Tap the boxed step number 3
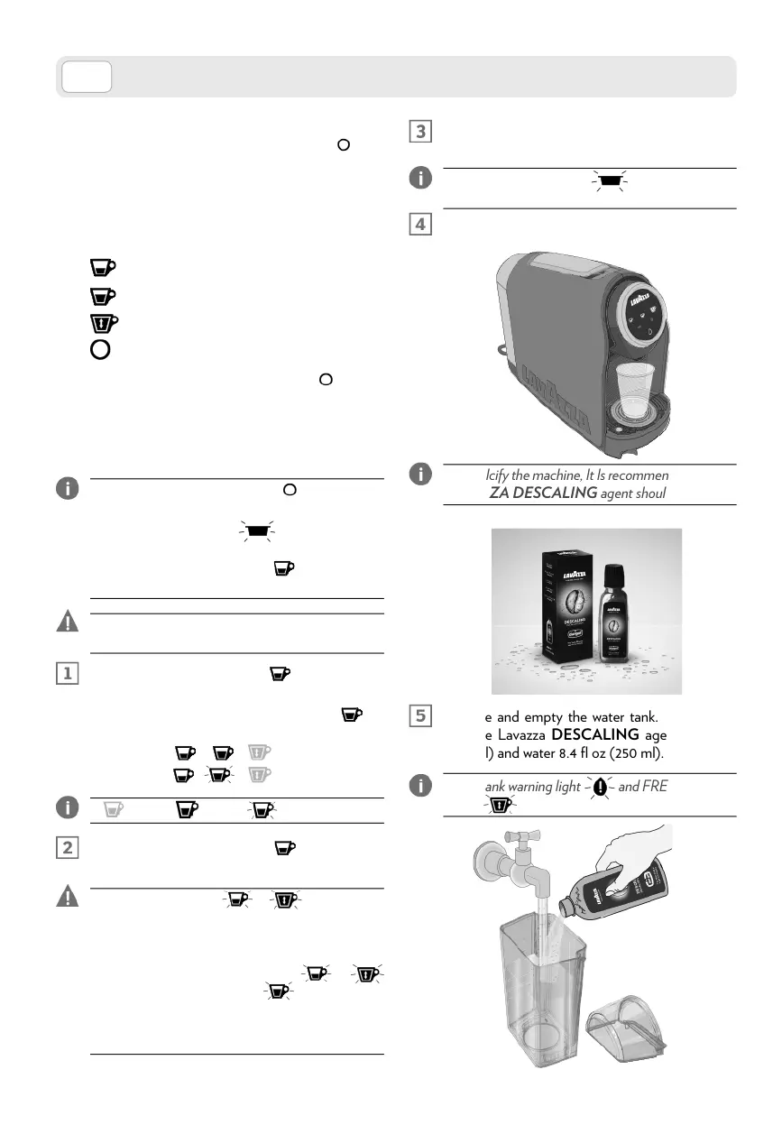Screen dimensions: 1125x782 420,131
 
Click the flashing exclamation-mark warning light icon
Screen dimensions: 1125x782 600,786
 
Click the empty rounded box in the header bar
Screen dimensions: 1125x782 87,78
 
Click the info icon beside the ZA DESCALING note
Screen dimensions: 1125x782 419,474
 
